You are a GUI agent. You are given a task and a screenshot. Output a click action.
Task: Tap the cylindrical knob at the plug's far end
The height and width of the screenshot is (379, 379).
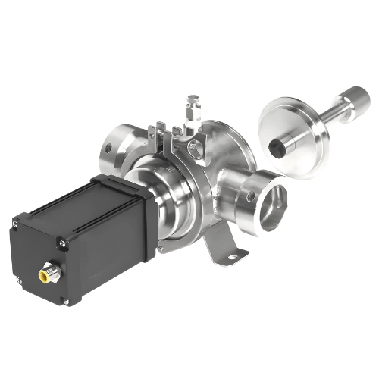[x=355, y=99]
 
